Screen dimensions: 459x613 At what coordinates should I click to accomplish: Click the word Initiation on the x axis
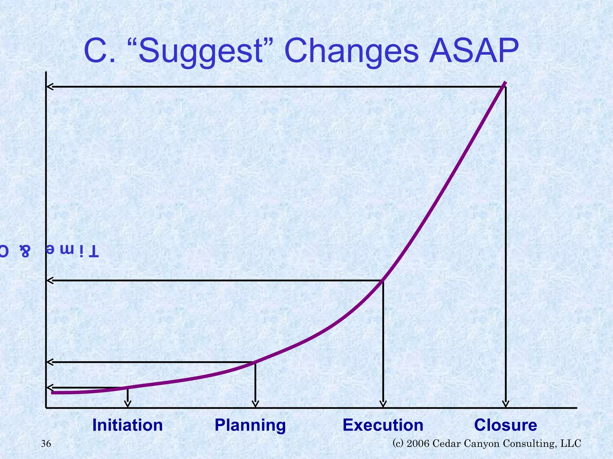[x=128, y=425]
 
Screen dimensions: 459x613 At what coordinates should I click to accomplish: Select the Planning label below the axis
[x=250, y=425]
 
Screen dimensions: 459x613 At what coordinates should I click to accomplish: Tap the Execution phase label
[x=383, y=425]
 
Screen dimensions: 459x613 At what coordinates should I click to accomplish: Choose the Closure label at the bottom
[x=506, y=425]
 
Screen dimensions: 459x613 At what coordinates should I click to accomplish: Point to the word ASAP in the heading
[x=474, y=51]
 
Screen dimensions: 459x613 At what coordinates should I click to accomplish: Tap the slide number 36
[x=46, y=444]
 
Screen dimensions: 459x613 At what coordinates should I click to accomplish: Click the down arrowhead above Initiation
[x=128, y=404]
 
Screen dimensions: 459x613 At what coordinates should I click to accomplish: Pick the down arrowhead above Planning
[x=255, y=404]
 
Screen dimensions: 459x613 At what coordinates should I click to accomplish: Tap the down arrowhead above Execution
[x=383, y=404]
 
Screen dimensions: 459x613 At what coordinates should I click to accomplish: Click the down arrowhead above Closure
[x=506, y=404]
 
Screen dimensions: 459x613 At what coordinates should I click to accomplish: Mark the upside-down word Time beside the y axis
[x=72, y=250]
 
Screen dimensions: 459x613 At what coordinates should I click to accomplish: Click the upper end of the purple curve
[x=505, y=83]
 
